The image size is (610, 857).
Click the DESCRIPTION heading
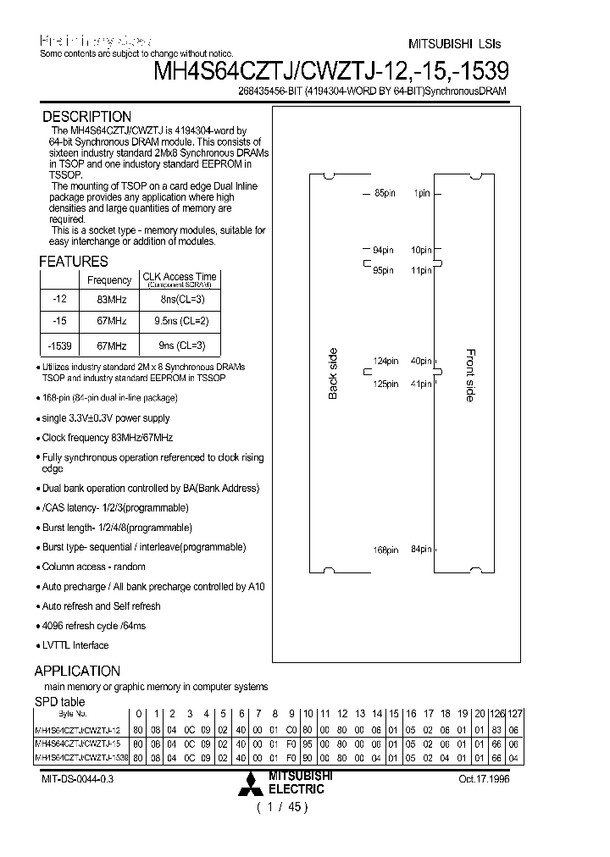click(x=87, y=117)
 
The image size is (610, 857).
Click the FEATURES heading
click(x=74, y=262)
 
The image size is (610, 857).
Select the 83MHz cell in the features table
click(x=109, y=299)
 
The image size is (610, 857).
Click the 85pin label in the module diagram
click(x=385, y=194)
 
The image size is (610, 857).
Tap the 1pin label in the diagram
click(x=422, y=194)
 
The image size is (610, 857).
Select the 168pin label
click(x=385, y=550)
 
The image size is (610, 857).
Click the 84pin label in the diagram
click(x=421, y=550)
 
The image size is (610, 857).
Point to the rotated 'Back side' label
click(x=333, y=373)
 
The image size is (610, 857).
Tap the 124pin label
click(x=385, y=362)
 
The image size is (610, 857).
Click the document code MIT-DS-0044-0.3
click(x=77, y=779)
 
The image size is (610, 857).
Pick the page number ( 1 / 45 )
click(x=282, y=807)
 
